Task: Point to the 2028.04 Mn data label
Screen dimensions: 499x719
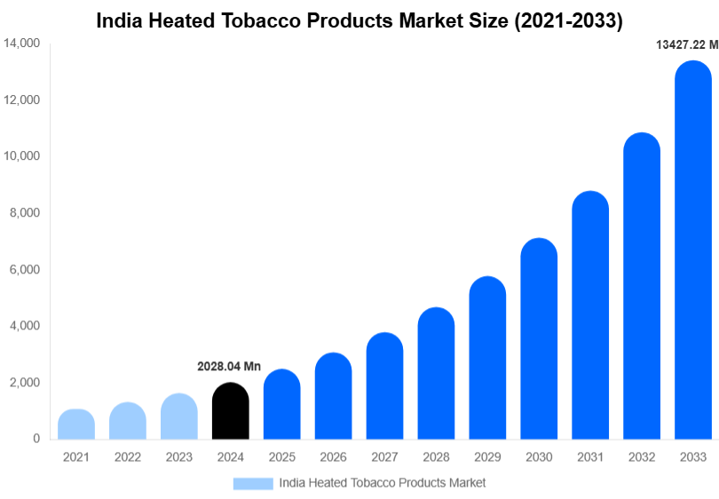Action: coord(229,366)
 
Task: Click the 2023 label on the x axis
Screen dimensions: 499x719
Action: coord(179,457)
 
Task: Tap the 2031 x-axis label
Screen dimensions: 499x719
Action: coord(590,457)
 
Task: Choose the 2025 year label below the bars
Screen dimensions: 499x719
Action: coord(282,457)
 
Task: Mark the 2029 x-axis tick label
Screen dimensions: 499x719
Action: coord(487,457)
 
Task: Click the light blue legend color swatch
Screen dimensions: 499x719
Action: coord(253,483)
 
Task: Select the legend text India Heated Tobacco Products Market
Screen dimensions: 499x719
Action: coord(383,483)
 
